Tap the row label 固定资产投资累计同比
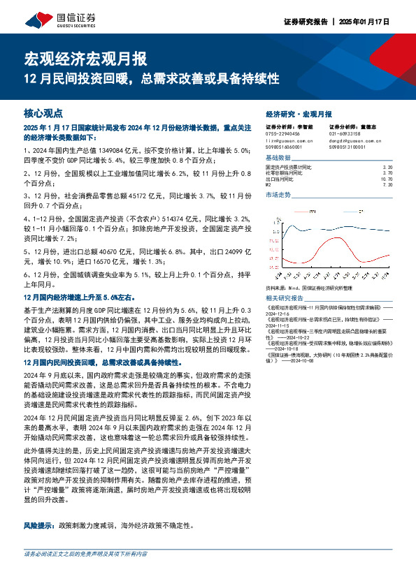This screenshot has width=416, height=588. pos(288,168)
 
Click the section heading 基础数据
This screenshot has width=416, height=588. pos(278,159)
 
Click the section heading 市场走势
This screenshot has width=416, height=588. pos(278,195)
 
